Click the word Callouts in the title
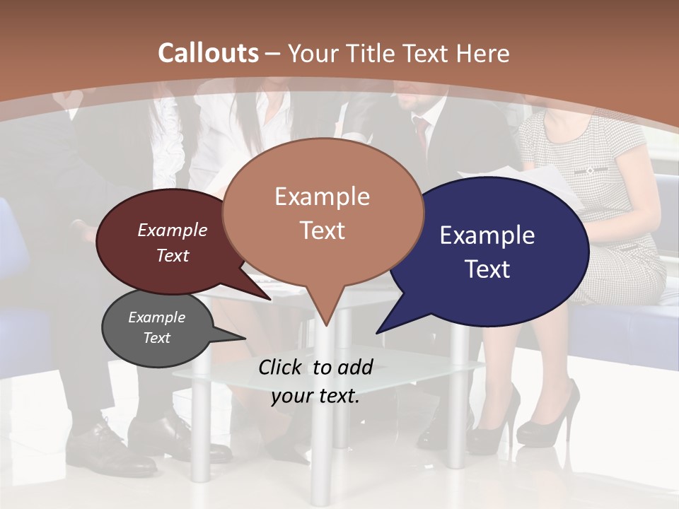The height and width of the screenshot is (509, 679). point(208,53)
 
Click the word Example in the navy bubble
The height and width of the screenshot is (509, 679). point(487,235)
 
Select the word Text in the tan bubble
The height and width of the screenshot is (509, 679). point(322,230)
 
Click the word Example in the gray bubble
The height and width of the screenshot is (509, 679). point(156,317)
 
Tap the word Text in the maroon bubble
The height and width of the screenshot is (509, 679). point(173,256)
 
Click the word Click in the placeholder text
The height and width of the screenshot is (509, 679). point(282,367)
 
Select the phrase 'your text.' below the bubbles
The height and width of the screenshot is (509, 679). point(315,396)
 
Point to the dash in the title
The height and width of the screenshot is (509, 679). point(272,54)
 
